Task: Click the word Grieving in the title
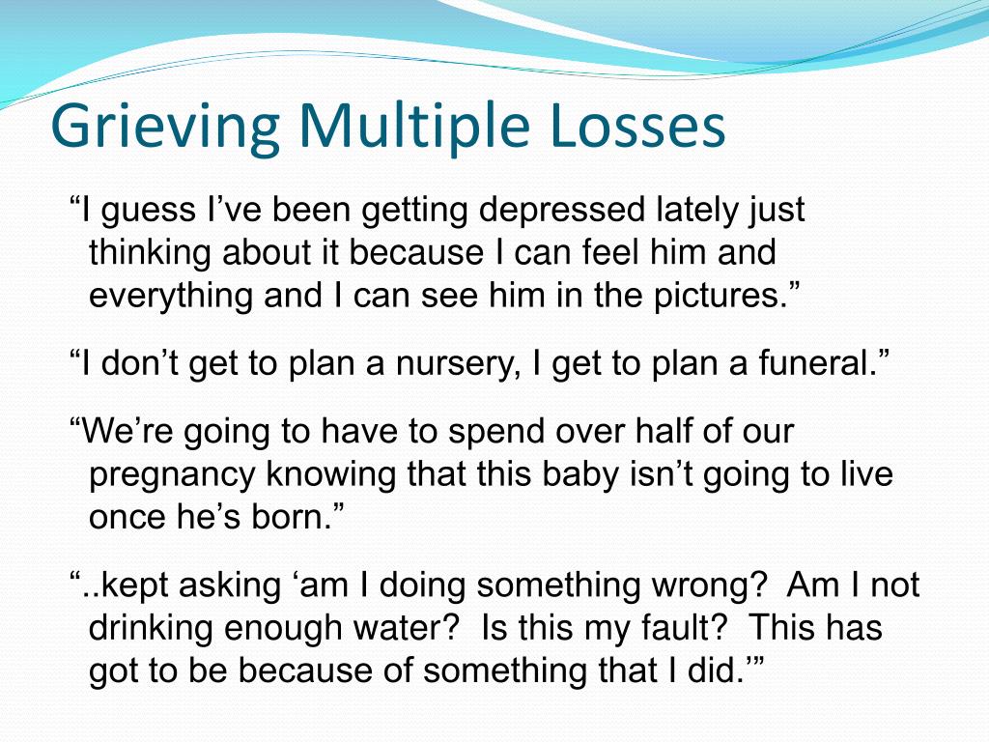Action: point(165,127)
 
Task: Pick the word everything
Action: point(170,296)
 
